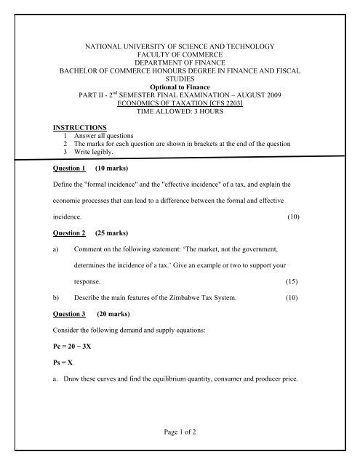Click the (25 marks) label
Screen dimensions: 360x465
[x=117, y=235]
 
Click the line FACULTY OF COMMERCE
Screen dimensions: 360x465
[x=182, y=55]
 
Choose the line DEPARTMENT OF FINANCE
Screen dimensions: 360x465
[x=182, y=64]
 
